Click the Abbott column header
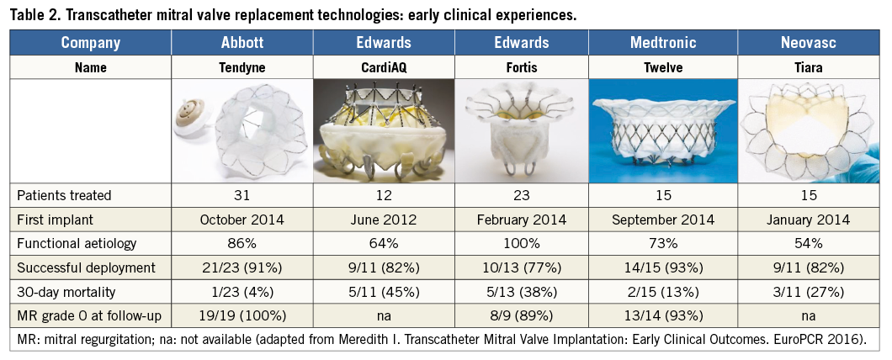coord(242,42)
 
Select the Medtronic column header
coord(662,42)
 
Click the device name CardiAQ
coord(384,67)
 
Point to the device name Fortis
coord(522,67)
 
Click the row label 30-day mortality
coord(67,293)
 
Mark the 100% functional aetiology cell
coord(522,245)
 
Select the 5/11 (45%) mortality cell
coord(384,293)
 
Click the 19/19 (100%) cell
coord(242,317)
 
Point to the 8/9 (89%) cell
coord(522,317)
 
